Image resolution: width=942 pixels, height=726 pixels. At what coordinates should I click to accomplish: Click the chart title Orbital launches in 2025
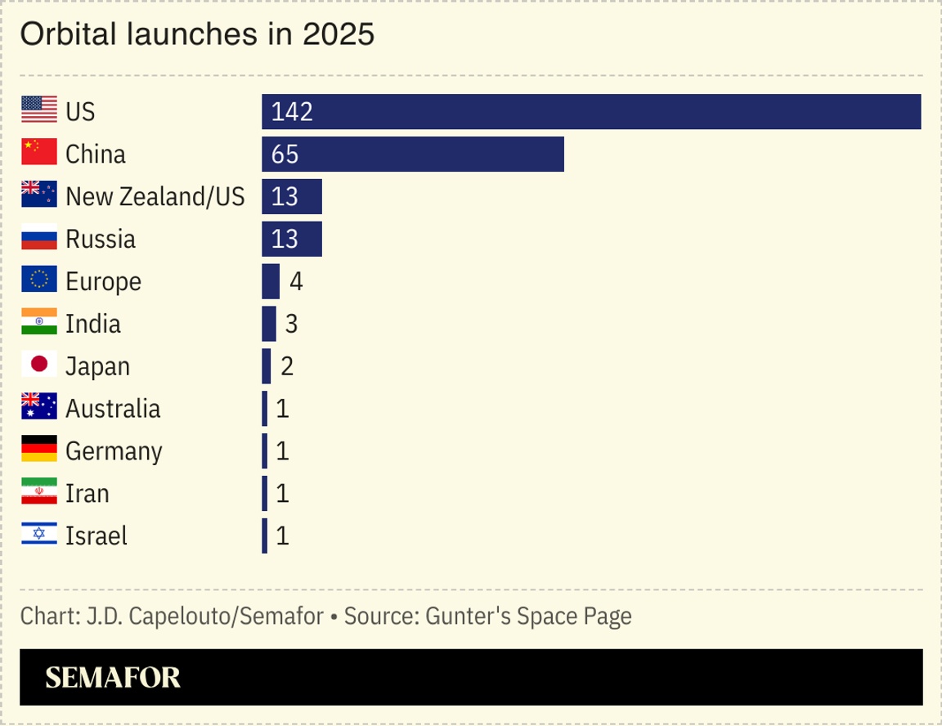(x=196, y=34)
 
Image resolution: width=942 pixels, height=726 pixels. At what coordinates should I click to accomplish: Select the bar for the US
(x=591, y=112)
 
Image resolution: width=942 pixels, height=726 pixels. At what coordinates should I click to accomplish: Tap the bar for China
(x=413, y=155)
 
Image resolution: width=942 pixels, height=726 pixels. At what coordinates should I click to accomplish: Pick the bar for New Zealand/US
(x=292, y=197)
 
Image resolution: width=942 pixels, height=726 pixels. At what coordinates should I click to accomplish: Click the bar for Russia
(x=292, y=240)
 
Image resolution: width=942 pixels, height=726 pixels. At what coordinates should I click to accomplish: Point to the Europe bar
(x=271, y=282)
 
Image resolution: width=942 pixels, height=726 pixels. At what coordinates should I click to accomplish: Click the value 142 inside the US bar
(x=292, y=112)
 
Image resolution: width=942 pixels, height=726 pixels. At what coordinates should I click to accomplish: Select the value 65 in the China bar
(x=285, y=155)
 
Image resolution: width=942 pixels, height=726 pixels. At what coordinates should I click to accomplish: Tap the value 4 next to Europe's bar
(x=296, y=282)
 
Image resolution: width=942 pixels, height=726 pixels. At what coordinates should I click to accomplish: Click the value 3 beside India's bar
(x=291, y=325)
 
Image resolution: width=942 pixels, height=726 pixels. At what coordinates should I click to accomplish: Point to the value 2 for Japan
(x=287, y=367)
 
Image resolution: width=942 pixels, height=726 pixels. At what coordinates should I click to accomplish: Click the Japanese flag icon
(x=39, y=364)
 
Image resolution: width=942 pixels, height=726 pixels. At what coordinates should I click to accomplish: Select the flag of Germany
(x=39, y=449)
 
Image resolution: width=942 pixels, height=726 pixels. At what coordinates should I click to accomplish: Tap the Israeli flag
(x=39, y=534)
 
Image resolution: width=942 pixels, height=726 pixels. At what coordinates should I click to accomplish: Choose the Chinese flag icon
(x=39, y=151)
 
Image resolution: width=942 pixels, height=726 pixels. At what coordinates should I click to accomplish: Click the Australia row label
(x=113, y=409)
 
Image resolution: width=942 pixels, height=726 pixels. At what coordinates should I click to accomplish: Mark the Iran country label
(x=87, y=494)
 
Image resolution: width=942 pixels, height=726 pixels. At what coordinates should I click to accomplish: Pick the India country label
(x=93, y=324)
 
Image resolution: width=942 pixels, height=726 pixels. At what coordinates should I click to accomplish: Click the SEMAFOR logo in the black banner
(x=113, y=678)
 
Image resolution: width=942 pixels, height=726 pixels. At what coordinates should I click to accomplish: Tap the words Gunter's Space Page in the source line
(x=528, y=616)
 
